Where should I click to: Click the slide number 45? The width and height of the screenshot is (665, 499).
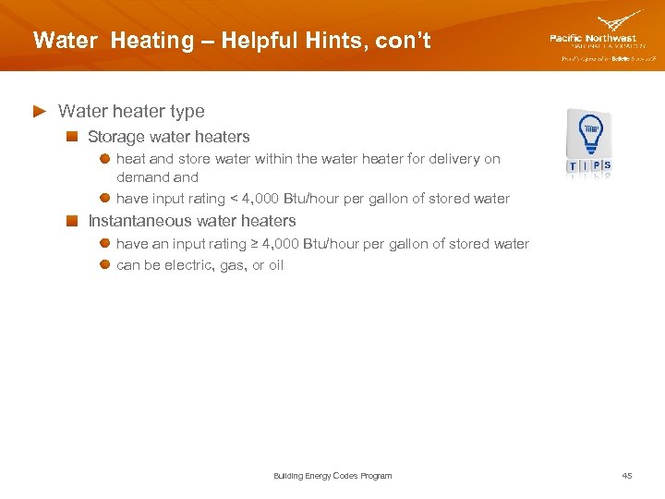[627, 476]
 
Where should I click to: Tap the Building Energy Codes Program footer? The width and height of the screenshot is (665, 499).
[332, 476]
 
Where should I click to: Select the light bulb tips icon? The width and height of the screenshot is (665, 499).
[590, 142]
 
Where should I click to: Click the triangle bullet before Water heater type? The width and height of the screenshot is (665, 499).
[39, 111]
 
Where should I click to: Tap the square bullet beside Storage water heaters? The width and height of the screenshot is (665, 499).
[72, 137]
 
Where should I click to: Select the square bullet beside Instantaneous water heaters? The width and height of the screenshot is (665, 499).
[72, 221]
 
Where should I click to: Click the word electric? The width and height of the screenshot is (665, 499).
[188, 265]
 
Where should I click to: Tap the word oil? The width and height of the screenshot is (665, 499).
[274, 265]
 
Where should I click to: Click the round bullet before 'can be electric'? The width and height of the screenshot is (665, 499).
[106, 265]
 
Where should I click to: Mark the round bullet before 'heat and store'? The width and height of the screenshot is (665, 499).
[106, 159]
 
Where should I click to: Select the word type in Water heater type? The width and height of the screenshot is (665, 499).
[187, 112]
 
